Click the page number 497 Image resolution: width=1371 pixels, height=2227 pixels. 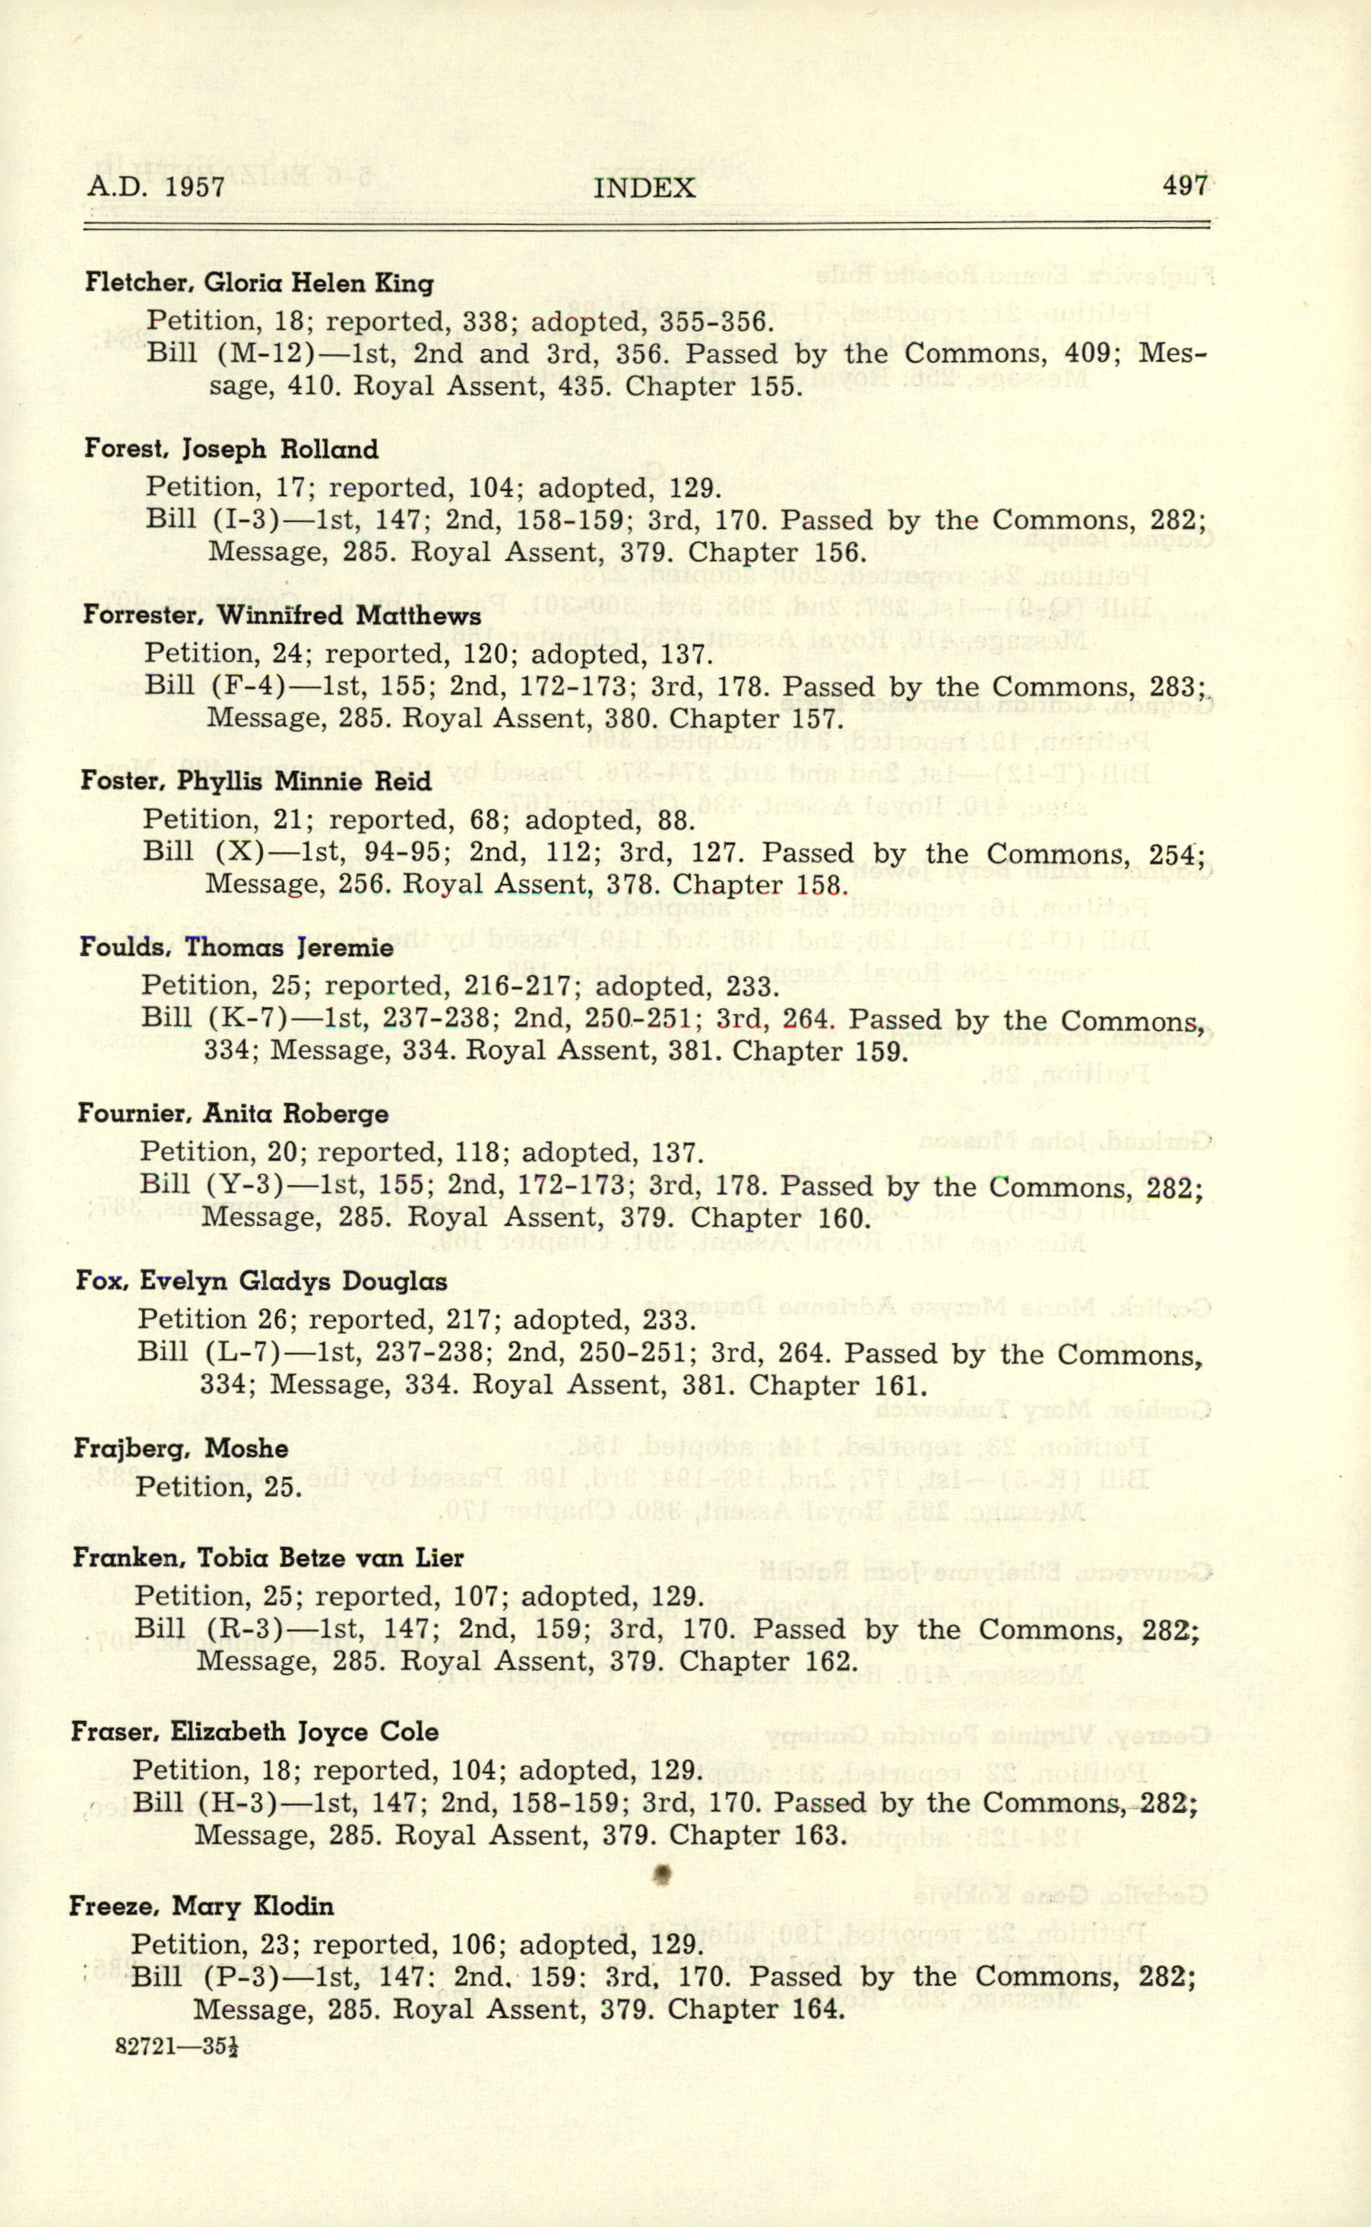1184,186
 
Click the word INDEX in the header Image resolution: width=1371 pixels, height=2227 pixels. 644,188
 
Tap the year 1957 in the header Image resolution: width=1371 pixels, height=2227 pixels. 195,187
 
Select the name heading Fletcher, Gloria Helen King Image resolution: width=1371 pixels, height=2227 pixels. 259,283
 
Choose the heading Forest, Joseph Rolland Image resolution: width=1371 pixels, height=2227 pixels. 231,449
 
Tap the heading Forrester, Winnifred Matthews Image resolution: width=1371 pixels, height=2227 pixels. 282,616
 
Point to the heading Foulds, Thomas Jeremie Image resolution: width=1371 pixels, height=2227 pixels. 236,949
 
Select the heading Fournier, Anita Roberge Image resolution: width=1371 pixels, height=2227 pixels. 233,1113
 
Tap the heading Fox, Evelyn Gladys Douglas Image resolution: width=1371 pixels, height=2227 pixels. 261,1281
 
